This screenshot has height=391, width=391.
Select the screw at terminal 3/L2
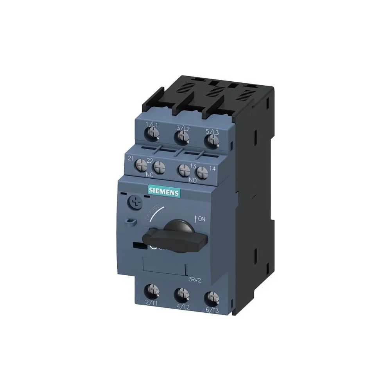click(x=181, y=137)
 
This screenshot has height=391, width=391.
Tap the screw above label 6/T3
click(x=212, y=297)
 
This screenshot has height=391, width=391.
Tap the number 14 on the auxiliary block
click(x=212, y=169)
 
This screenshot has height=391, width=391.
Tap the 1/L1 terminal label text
click(x=151, y=125)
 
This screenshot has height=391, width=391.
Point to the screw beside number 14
click(x=201, y=172)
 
